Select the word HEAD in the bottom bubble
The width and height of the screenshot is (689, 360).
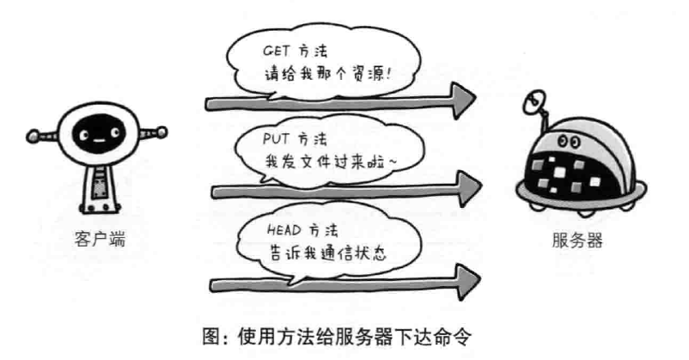274,230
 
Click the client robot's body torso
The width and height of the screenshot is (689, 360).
100,184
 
